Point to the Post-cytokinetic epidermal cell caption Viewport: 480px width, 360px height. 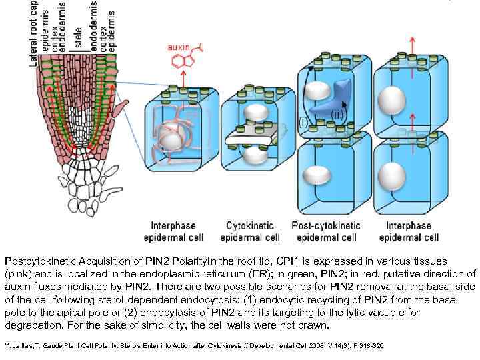[326, 231]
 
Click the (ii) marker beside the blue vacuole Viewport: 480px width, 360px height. [339, 114]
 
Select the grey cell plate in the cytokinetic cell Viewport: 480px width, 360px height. [251, 138]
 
